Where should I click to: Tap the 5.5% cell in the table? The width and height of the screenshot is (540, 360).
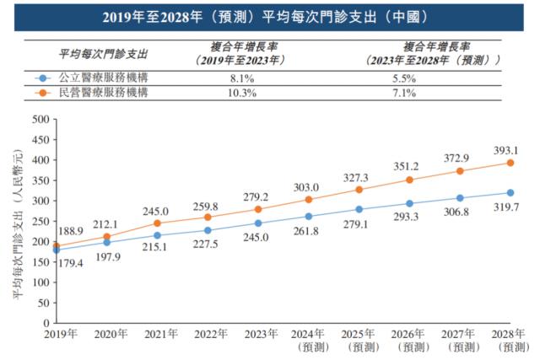(428, 78)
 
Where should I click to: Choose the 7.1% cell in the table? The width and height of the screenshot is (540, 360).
(428, 93)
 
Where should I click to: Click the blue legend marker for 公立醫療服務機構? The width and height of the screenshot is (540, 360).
(40, 78)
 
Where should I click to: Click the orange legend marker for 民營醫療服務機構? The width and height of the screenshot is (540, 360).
(40, 93)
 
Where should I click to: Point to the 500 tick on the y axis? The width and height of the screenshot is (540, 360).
(39, 119)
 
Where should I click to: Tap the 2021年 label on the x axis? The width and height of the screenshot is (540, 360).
(159, 335)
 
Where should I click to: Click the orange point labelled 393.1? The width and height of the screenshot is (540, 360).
(510, 163)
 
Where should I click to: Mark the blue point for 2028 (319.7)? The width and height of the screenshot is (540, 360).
(510, 192)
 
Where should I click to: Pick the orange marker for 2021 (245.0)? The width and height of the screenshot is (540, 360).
(157, 223)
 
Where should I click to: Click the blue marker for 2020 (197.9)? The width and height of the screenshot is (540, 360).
(106, 242)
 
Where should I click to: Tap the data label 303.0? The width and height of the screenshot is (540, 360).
(306, 187)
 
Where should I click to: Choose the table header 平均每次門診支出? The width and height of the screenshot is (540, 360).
(103, 53)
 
